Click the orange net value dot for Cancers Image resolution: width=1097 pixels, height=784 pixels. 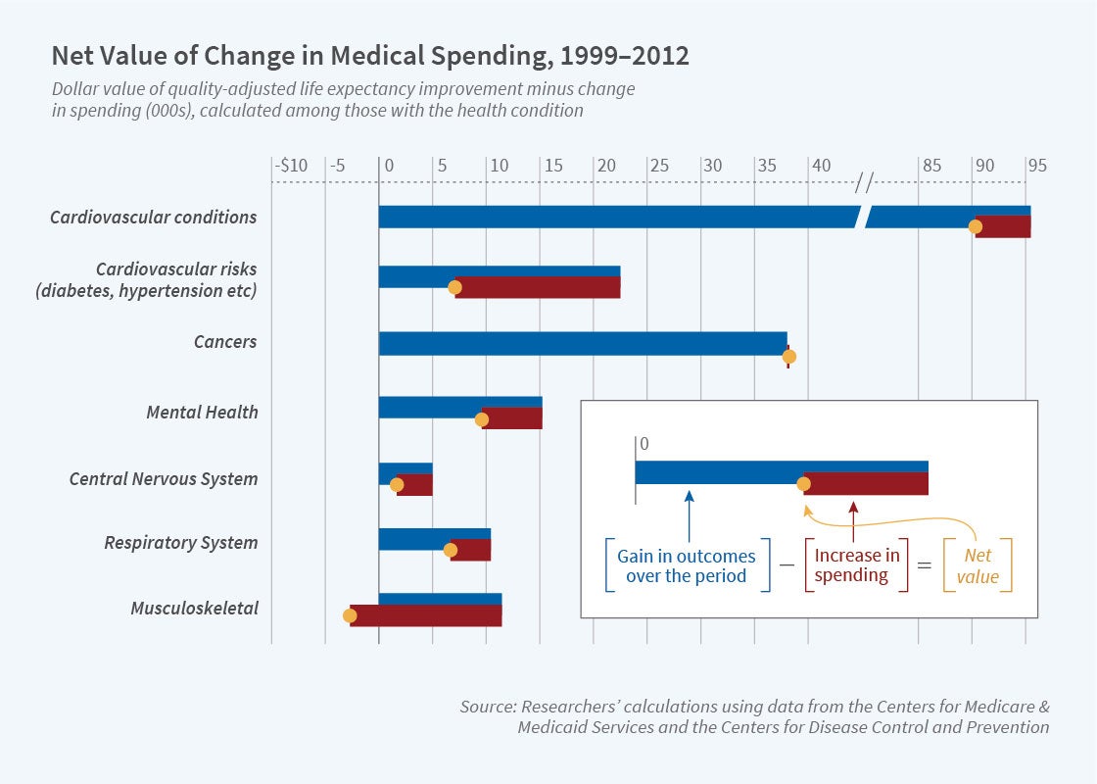[789, 357]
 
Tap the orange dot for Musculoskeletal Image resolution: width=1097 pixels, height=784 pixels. [350, 615]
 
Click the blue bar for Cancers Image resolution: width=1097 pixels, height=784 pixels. [583, 343]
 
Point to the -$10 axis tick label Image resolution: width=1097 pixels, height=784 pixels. [290, 166]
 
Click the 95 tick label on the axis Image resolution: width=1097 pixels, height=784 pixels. [1036, 166]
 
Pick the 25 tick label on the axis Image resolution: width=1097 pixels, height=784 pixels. [659, 166]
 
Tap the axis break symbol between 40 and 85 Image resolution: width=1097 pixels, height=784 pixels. [864, 182]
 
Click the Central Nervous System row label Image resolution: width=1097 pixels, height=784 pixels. [164, 479]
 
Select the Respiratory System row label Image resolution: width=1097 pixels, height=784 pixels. [181, 543]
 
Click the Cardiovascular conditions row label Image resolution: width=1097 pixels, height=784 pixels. [154, 217]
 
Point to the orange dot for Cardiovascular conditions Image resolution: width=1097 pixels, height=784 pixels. [976, 227]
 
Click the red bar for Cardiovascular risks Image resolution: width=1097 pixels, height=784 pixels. [538, 287]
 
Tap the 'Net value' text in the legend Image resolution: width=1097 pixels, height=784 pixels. [978, 565]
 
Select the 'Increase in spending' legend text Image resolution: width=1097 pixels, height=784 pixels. [857, 565]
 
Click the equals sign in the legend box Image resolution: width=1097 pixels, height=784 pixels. [926, 566]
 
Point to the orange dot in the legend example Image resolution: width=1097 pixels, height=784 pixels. [804, 483]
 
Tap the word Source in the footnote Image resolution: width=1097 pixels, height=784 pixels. [487, 707]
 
